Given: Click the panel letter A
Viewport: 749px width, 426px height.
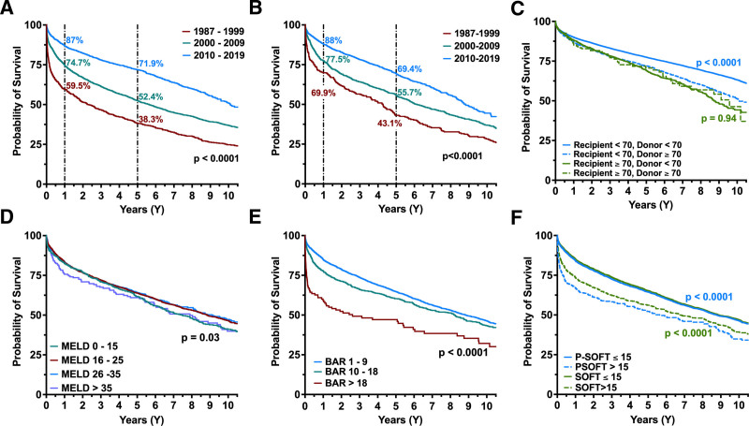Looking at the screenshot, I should point(8,8).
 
